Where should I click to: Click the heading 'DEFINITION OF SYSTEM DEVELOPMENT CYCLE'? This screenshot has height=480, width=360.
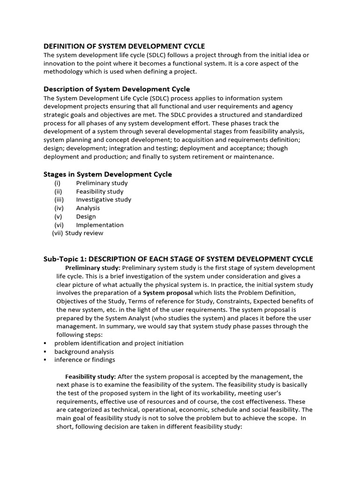[124, 46]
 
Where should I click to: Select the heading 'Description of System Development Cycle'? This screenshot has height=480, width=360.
[117, 89]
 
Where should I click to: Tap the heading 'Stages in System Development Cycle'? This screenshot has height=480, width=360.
[107, 174]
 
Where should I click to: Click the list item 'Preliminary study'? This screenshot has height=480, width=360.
[102, 183]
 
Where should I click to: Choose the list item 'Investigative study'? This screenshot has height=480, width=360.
[104, 200]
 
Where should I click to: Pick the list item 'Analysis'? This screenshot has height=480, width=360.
[88, 208]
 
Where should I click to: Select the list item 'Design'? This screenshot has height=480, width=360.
[86, 217]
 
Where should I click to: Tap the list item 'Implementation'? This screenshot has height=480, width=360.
[100, 225]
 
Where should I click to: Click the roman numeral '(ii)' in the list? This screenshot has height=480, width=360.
[58, 192]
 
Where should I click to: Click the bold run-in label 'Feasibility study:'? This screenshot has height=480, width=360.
[90, 376]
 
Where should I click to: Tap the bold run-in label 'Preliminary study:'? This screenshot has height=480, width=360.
[93, 268]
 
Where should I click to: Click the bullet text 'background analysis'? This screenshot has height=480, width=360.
[84, 352]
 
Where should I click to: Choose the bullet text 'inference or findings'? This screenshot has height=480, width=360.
[84, 360]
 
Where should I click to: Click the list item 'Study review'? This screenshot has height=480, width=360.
[84, 233]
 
